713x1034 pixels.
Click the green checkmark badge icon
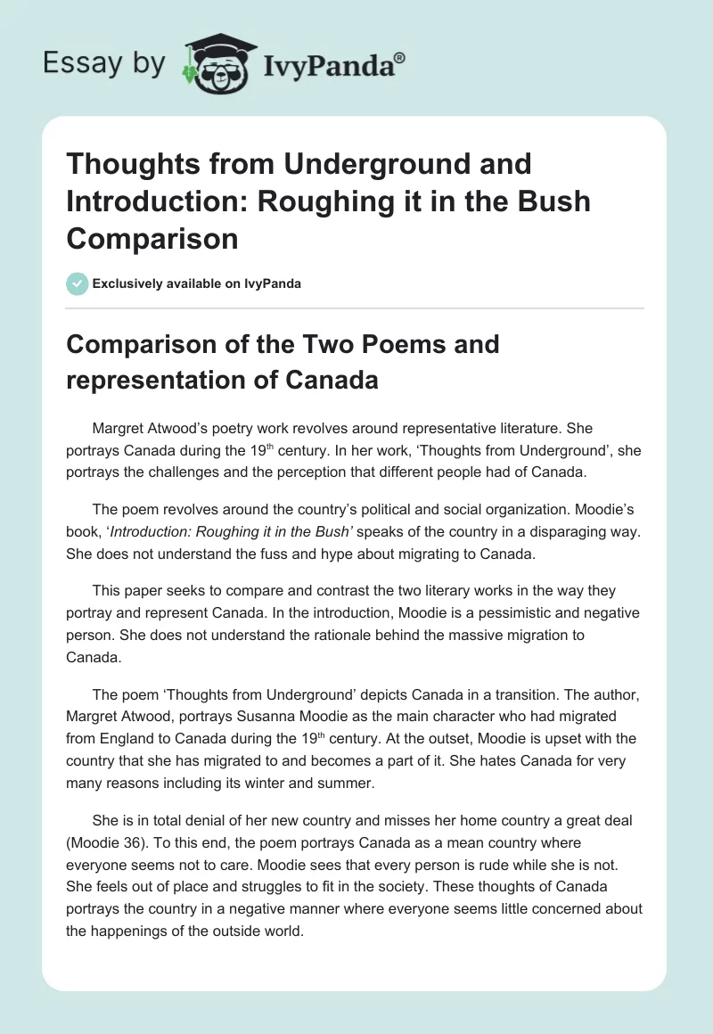tap(78, 283)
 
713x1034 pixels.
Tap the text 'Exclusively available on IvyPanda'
tap(196, 283)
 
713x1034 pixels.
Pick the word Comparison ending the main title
tap(152, 238)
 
